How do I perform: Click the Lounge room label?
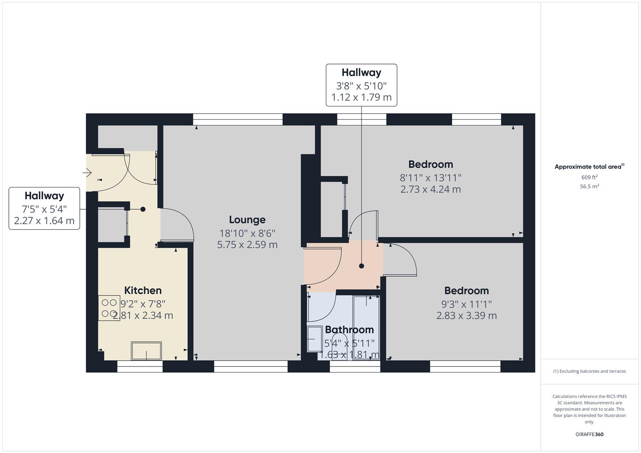[x=247, y=220]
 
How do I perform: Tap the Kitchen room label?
[x=143, y=291]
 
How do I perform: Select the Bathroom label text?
[x=349, y=330]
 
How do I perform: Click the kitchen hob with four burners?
[x=109, y=308]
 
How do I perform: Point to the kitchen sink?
[x=147, y=351]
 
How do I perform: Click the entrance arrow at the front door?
[x=88, y=172]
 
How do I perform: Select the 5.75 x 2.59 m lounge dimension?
[x=247, y=245]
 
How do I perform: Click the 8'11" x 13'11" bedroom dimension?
[x=430, y=177]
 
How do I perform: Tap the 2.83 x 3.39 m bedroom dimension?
[x=466, y=315]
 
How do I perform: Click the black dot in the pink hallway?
[x=361, y=266]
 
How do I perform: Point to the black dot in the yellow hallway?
[x=143, y=209]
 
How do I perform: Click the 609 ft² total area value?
[x=589, y=177]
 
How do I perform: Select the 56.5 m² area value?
[x=589, y=187]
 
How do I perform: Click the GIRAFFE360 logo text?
[x=589, y=434]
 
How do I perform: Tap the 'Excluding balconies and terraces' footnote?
[x=589, y=371]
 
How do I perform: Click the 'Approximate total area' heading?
[x=589, y=167]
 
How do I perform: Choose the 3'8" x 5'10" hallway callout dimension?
[x=361, y=86]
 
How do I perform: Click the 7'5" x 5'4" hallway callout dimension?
[x=44, y=209]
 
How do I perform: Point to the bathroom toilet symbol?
[x=340, y=342]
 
